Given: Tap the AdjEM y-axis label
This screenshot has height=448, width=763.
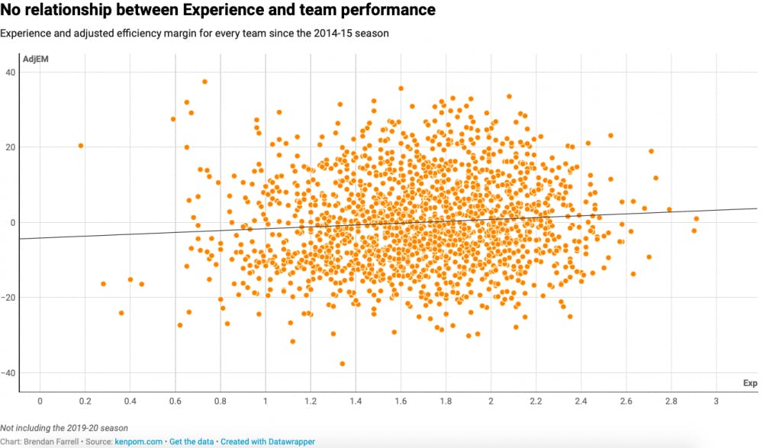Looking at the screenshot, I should (35, 60).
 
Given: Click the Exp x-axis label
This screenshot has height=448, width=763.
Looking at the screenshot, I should (750, 383).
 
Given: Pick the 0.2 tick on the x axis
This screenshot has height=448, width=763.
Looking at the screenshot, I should (85, 401).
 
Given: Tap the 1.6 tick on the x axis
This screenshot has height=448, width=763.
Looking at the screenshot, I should (400, 401).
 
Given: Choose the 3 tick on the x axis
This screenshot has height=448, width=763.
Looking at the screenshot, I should (716, 401).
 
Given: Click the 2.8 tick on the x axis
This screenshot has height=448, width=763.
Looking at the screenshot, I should (671, 401).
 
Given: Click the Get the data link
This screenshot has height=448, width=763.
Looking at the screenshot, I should (192, 442).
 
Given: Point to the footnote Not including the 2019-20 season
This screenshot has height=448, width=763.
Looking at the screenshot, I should (63, 428).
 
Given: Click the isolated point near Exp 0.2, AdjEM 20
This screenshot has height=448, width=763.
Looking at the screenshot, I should (81, 146).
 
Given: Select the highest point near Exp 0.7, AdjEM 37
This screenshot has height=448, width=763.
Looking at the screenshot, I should (204, 82).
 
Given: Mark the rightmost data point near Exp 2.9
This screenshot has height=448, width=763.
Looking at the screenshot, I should (697, 219).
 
